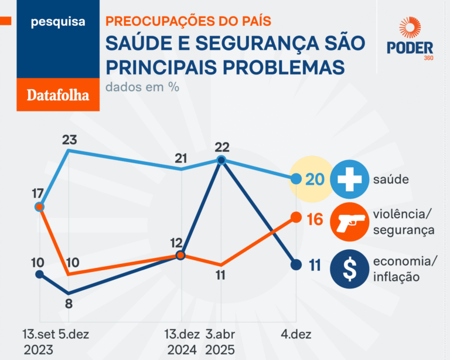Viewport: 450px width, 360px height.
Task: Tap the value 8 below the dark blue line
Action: [x=69, y=304]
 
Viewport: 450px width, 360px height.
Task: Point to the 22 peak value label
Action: [x=221, y=147]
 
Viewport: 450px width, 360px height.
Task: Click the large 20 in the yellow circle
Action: [x=315, y=179]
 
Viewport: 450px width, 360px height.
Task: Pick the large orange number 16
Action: [x=315, y=220]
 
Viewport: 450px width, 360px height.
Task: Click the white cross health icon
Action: [x=349, y=179]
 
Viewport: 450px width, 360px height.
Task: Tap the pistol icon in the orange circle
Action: [x=349, y=222]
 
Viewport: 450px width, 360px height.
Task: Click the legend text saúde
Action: [x=391, y=179]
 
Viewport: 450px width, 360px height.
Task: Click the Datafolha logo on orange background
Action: [x=58, y=94]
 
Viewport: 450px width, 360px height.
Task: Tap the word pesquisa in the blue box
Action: [x=58, y=22]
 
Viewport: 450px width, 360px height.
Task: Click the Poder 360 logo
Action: [x=410, y=39]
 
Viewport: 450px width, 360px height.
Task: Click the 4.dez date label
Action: [x=295, y=334]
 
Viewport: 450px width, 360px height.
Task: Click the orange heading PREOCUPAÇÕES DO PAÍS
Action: [x=188, y=21]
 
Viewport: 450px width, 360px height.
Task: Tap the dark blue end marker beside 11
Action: [x=296, y=264]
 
